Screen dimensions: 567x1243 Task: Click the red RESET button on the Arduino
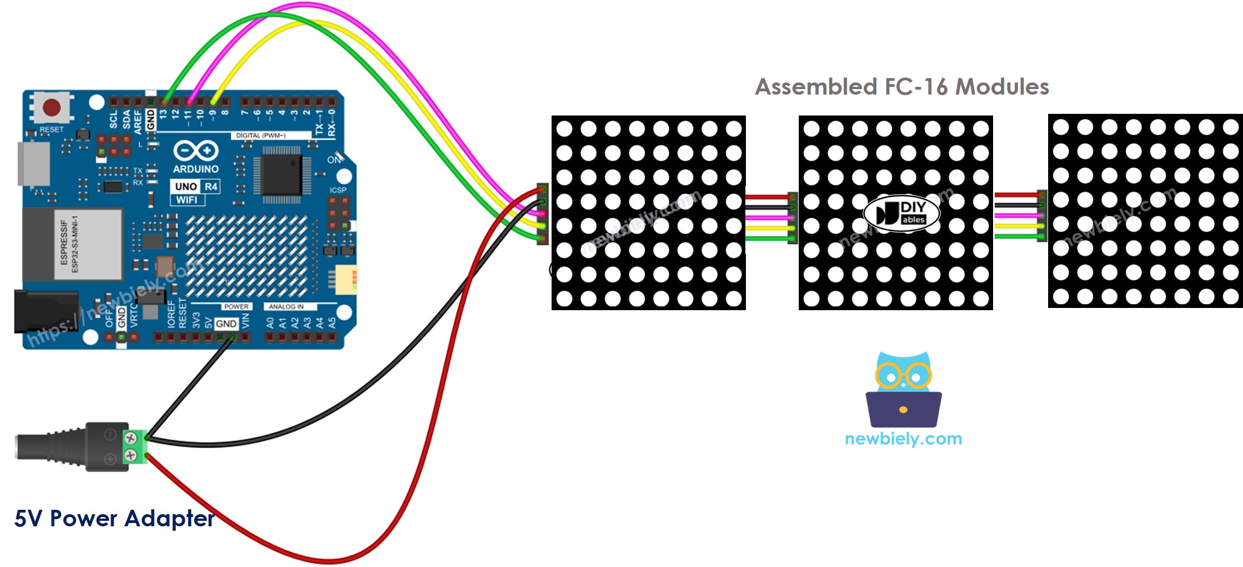[52, 107]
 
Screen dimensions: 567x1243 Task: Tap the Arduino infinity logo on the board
[196, 151]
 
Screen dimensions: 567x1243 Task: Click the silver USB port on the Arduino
[34, 164]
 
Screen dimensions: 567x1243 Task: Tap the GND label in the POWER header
[226, 324]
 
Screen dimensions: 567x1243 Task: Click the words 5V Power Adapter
[114, 519]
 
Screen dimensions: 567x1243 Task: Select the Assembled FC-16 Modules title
[902, 87]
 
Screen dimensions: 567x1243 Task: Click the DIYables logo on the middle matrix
[901, 213]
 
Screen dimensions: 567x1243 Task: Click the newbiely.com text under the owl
[903, 439]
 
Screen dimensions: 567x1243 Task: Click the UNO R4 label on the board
[196, 186]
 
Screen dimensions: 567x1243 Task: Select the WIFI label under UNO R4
[187, 200]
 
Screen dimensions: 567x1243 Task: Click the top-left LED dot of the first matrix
[564, 129]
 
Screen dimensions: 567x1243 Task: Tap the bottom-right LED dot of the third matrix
[1230, 297]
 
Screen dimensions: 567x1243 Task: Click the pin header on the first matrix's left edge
[542, 214]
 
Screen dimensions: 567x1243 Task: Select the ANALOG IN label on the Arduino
[286, 307]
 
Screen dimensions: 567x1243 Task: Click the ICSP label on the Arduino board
[338, 190]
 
